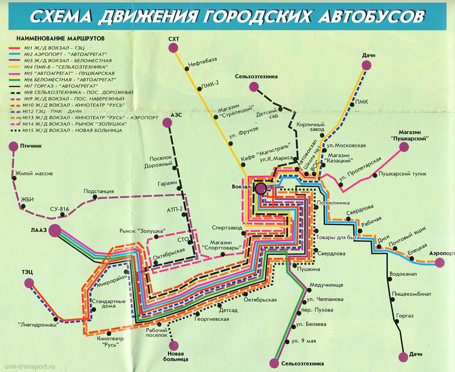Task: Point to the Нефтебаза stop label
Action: point(201,63)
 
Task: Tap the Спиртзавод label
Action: point(227,227)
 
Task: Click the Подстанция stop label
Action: point(99,191)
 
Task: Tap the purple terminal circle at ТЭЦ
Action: point(29,283)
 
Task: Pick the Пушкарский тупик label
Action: point(395,175)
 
